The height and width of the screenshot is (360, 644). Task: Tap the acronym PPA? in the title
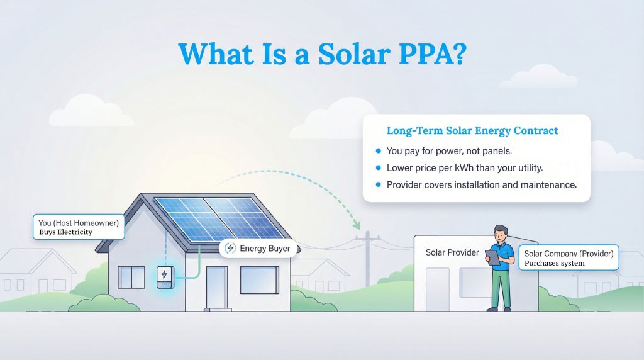435,55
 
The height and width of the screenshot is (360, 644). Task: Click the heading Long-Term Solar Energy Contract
472,131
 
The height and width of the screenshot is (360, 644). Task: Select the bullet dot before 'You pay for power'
377,151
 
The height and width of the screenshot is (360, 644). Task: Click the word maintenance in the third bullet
546,185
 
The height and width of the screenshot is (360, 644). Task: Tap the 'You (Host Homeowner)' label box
78,227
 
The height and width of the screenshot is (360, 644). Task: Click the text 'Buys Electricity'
66,232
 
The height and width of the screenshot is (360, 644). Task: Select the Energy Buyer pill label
258,249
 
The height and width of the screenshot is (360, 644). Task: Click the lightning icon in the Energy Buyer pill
230,249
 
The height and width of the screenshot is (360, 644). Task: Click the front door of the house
217,287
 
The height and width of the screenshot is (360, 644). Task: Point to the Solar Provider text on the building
452,252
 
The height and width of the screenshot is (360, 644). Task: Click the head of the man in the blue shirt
501,233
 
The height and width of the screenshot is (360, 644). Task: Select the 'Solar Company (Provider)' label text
569,254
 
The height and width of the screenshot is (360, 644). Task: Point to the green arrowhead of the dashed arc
358,224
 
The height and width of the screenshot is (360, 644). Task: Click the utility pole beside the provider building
368,258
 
